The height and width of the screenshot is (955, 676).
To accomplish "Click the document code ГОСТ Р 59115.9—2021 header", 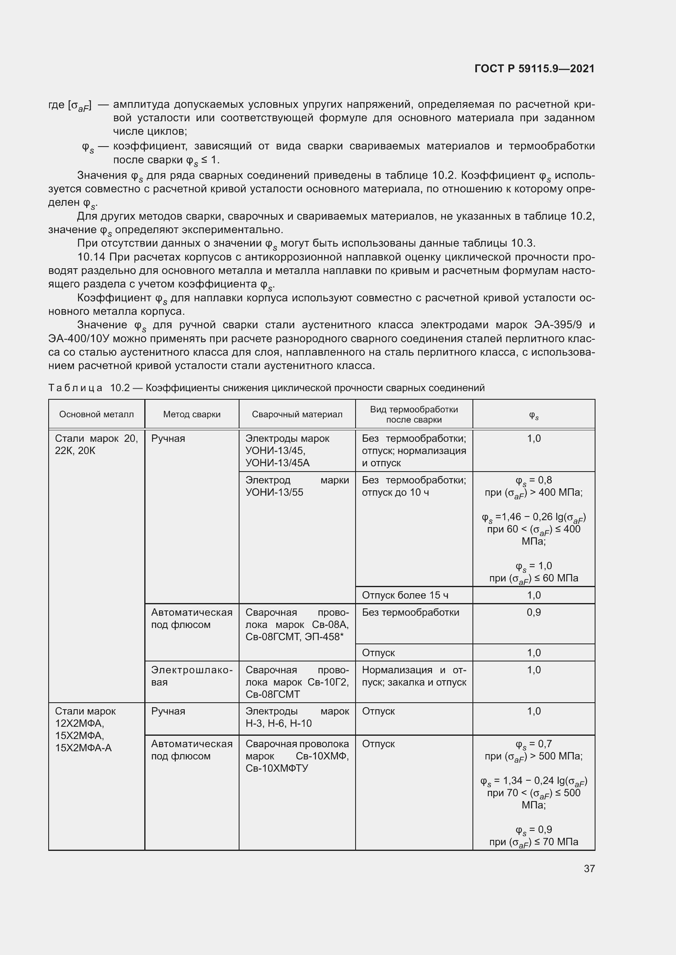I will click(535, 69).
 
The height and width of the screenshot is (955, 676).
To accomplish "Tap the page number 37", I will click(589, 868).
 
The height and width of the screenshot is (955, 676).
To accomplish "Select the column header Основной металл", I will click(96, 414).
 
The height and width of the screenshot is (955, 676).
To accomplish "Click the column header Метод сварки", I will click(192, 414).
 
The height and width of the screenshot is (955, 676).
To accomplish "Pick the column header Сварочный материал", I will click(297, 414).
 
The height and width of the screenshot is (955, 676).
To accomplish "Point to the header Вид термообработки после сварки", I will click(414, 414).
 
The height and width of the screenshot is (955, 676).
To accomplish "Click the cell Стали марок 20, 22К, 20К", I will click(96, 445).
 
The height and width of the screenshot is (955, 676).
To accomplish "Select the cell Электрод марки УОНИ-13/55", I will click(297, 486).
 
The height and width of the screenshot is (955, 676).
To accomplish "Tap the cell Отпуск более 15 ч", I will click(405, 595).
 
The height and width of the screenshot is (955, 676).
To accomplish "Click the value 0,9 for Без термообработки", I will click(534, 612).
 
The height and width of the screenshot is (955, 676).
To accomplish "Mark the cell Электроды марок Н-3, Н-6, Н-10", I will click(297, 717).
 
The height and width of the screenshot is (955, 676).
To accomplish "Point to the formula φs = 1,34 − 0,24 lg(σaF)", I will click(534, 781).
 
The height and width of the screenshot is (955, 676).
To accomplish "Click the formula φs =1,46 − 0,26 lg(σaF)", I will click(534, 517).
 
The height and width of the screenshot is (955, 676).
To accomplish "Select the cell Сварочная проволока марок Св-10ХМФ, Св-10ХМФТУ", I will click(297, 756).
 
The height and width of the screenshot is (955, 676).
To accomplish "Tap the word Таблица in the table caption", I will click(75, 388).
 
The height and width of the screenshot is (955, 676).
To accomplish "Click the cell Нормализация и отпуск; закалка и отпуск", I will click(414, 676).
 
